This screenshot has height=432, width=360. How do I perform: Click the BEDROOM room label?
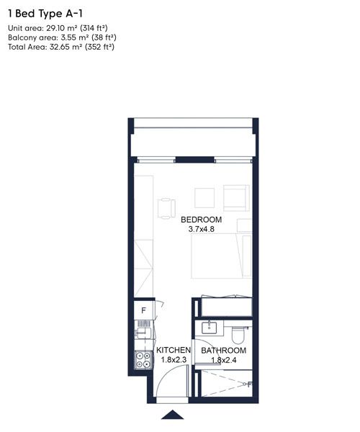click(201, 220)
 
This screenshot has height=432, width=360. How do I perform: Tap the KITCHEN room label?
click(174, 351)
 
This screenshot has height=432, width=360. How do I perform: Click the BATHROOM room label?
click(223, 351)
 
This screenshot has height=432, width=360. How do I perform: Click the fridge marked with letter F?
click(143, 311)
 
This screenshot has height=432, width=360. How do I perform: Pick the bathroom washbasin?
click(210, 328)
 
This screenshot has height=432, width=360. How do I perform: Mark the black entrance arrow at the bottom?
click(173, 415)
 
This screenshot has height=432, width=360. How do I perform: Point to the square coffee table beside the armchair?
click(204, 197)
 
